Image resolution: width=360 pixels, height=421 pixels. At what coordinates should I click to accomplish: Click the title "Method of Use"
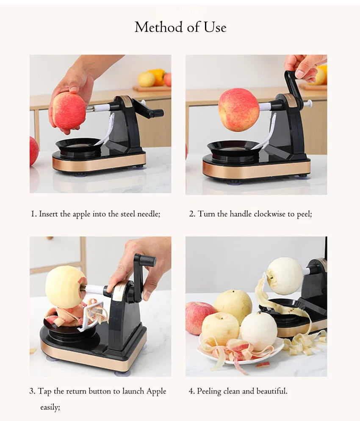[180, 28]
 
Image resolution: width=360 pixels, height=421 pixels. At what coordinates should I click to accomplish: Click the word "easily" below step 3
[50, 407]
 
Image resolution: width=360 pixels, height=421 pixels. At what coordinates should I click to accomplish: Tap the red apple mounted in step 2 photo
[238, 110]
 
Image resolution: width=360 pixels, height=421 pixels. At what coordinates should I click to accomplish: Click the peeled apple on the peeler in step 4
[285, 276]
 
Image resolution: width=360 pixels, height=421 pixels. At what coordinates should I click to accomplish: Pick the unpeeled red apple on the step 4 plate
[199, 317]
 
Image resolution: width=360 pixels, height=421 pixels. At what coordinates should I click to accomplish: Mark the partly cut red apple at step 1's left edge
[33, 151]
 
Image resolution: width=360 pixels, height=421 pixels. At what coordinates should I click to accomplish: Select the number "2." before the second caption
[192, 214]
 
